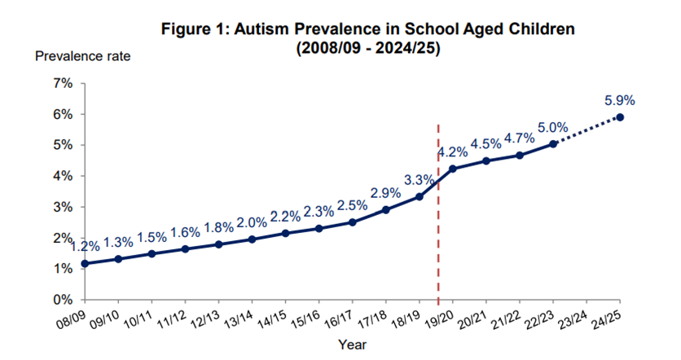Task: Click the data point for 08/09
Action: point(86,263)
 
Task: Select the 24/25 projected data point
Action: point(620,117)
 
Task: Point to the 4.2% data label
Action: point(452,152)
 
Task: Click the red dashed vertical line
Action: point(438,212)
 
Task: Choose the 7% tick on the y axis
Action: point(63,84)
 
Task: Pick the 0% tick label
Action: point(63,299)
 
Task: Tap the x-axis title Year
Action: point(352,345)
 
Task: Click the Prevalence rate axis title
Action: point(82,56)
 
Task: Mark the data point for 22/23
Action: point(554,143)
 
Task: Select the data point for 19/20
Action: point(453,169)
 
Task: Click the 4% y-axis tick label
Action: point(63,176)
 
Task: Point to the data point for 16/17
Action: point(353,222)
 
